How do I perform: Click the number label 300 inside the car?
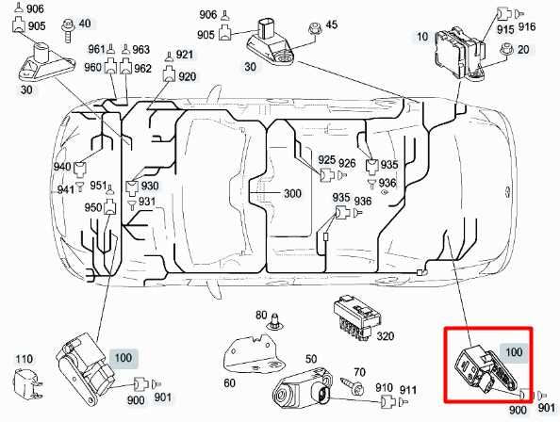pyautogui.click(x=292, y=194)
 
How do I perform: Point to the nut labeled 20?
pyautogui.click(x=507, y=50)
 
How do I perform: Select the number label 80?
pyautogui.click(x=262, y=314)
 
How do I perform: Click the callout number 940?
pyautogui.click(x=62, y=167)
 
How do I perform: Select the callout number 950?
pyautogui.click(x=92, y=207)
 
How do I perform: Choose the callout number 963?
pyautogui.click(x=140, y=49)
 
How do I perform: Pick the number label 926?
pyautogui.click(x=348, y=164)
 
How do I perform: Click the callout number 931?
pyautogui.click(x=147, y=202)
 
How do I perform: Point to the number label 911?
pyautogui.click(x=408, y=389)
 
